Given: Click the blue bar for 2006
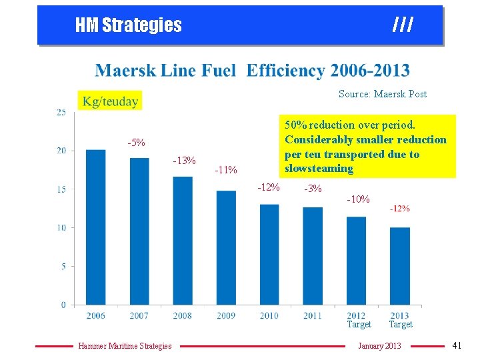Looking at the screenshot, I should (x=96, y=227).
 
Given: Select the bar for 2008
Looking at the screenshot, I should (x=183, y=241).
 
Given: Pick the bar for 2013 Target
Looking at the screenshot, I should (x=400, y=266).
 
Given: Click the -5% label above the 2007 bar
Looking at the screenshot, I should (x=137, y=143).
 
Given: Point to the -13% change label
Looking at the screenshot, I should (x=184, y=161).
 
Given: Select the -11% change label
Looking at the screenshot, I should (x=226, y=170).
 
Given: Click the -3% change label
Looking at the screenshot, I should (x=313, y=189).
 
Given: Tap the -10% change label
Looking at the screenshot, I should (x=358, y=199).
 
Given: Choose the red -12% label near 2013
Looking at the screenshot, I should (x=399, y=209).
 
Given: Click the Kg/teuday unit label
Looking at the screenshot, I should (x=110, y=101).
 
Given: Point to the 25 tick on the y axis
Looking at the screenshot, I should (x=61, y=112).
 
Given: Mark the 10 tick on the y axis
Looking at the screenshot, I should (x=61, y=227).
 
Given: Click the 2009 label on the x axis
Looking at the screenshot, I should (x=226, y=315).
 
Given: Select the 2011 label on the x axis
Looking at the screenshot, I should (x=313, y=315).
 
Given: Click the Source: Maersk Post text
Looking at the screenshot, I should (x=382, y=93).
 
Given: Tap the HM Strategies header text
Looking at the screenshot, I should (x=129, y=25).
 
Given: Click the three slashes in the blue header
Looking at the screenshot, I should (x=403, y=25).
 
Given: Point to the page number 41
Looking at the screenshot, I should (x=457, y=345).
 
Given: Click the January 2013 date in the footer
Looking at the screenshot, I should (x=379, y=345).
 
